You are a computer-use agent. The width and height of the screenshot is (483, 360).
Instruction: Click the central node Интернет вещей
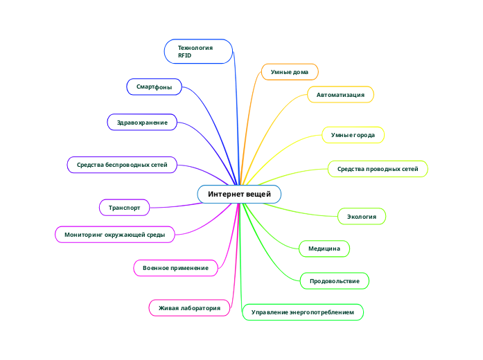[239, 194]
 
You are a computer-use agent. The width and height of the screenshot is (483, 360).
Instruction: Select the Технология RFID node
[198, 51]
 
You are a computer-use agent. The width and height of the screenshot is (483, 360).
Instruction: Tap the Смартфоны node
[154, 87]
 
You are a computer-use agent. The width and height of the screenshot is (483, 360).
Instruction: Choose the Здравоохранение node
[142, 123]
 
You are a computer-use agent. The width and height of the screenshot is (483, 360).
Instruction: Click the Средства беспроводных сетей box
[122, 165]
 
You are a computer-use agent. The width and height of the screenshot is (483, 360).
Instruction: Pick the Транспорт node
[125, 207]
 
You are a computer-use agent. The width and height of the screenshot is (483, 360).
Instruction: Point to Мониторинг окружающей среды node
[114, 235]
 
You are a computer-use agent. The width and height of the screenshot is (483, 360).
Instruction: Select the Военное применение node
[175, 268]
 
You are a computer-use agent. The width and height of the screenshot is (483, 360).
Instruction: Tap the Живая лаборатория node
[189, 307]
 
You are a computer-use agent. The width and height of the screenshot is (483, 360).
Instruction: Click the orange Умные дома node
[290, 72]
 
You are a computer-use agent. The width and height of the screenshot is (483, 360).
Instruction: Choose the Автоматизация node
[340, 94]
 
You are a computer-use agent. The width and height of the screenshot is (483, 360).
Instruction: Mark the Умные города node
[353, 134]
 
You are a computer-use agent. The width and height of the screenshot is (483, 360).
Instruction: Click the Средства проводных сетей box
[378, 169]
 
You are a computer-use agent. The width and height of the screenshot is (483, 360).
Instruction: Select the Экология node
[361, 217]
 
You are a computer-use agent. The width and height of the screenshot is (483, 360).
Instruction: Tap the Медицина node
[324, 248]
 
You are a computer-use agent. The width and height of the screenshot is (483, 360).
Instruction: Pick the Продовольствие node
[334, 280]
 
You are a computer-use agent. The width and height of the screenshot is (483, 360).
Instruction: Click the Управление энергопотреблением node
[302, 313]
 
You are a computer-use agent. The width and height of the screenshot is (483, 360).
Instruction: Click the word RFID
[184, 55]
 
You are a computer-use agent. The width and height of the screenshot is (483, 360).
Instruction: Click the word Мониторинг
[83, 235]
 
